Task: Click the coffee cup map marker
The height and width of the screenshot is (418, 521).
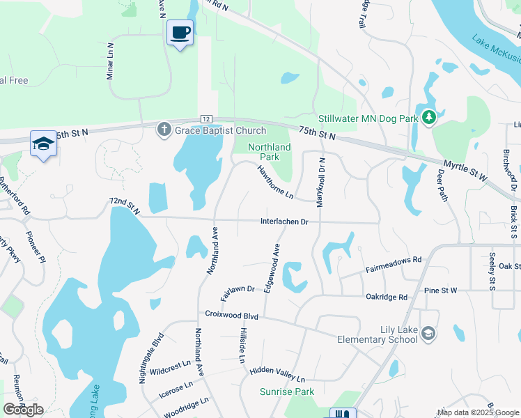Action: coord(180,33)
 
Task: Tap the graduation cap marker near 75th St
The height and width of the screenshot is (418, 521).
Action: coord(43,144)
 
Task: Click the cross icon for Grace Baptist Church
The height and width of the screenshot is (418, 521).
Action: coord(164,130)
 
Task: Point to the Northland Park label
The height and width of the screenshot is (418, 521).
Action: coord(270,152)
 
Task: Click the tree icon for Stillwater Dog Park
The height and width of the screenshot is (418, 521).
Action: coord(430,118)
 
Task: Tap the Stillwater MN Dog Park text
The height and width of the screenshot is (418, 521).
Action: coord(368,118)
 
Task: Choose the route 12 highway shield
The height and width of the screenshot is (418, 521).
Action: coord(205,120)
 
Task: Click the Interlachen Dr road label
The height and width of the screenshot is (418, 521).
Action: coord(283,222)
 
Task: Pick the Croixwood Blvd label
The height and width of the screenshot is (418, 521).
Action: coord(232,316)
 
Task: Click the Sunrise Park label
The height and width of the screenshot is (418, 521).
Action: coord(283,392)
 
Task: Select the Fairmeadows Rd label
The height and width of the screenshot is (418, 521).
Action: coord(394,263)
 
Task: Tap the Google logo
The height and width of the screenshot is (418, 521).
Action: coord(23,410)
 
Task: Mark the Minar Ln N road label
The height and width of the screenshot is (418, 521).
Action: coord(110,60)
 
